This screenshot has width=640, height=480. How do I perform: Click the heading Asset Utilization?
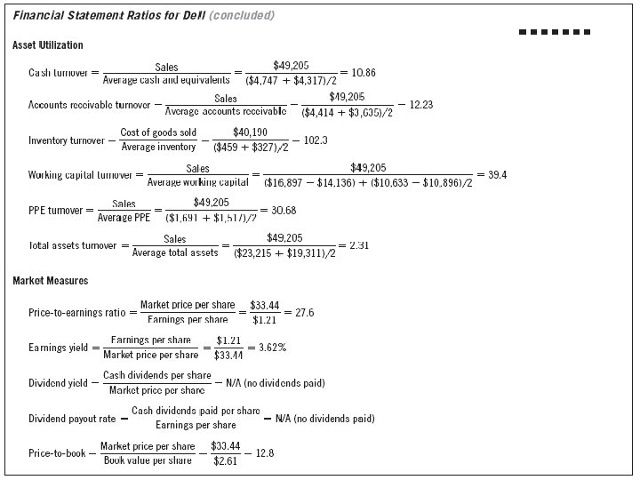pyautogui.click(x=48, y=44)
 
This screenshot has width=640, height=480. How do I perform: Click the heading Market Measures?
pyautogui.click(x=50, y=282)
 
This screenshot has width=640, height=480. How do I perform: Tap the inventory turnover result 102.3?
pyautogui.click(x=316, y=140)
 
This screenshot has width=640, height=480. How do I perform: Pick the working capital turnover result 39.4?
pyautogui.click(x=498, y=174)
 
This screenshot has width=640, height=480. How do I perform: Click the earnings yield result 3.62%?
pyautogui.click(x=271, y=348)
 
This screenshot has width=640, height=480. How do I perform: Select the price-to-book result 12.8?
pyautogui.click(x=264, y=453)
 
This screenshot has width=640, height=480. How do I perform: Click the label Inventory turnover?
pyautogui.click(x=67, y=140)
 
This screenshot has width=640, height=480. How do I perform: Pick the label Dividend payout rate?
pyautogui.click(x=72, y=418)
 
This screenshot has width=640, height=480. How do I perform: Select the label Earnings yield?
pyautogui.click(x=58, y=348)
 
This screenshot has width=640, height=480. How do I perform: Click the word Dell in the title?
pyautogui.click(x=192, y=16)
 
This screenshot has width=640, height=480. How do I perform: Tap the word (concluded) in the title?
pyautogui.click(x=241, y=16)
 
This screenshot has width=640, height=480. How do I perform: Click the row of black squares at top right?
pyautogui.click(x=554, y=32)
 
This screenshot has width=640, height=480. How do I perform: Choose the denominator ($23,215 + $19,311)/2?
pyautogui.click(x=284, y=253)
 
